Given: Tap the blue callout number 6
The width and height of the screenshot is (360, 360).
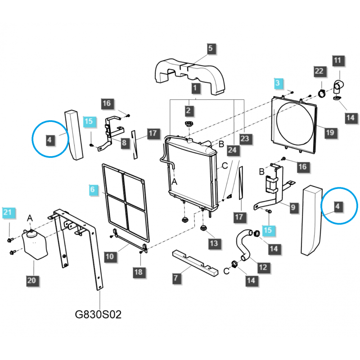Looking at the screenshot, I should [93, 190].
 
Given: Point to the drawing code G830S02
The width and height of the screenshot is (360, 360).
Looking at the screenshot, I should [98, 315].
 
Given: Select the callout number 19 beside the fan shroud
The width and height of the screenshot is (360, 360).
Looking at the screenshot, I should [330, 132].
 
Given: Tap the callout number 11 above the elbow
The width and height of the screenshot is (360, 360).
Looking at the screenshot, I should [338, 60].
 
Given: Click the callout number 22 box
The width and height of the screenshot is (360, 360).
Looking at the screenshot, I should [319, 71].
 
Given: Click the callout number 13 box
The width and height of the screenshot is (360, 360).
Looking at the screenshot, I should [213, 243].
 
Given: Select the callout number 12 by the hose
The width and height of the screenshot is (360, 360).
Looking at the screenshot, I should [262, 267].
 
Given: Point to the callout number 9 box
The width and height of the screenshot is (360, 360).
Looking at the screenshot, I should [292, 207].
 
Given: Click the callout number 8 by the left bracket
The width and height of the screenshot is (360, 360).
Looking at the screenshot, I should [124, 143].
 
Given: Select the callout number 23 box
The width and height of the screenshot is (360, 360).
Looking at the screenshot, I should [244, 139].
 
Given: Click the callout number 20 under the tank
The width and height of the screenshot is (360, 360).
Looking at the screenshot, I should [31, 280].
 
